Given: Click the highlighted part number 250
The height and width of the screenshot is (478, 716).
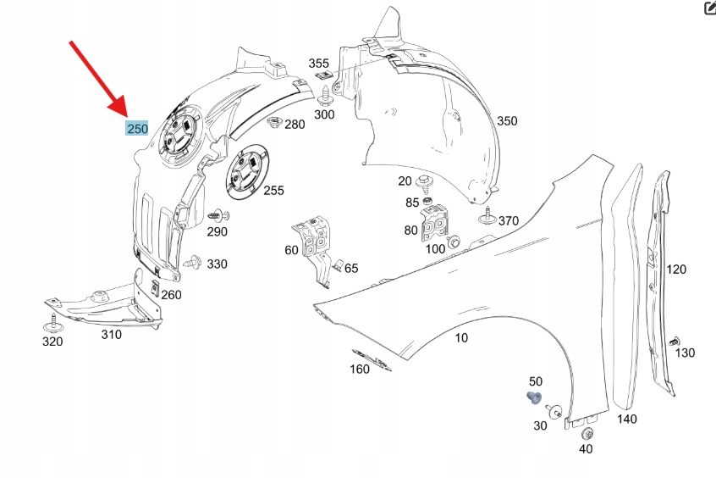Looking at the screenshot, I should point(137,129).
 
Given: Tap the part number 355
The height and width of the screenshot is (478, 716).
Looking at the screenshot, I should point(318,64).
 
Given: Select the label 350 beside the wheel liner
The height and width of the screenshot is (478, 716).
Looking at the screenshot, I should point(506,121).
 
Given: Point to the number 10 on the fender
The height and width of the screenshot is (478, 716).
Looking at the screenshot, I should point(461,338).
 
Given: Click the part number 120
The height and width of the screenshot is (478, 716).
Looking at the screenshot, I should point(676,270).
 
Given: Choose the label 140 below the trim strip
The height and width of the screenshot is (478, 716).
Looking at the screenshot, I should point(626,419).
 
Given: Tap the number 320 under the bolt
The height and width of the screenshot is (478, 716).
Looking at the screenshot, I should point(52,342).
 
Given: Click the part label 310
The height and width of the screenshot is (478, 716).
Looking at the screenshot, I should point(111,334).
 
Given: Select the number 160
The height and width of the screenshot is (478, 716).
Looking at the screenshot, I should point(360,369).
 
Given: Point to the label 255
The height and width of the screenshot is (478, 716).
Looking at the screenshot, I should point(273,191).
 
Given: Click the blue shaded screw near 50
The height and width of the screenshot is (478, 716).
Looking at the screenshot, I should point(533,397).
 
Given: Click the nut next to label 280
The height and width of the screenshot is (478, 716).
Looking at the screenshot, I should point(274,125).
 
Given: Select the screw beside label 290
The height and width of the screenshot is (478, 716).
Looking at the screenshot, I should point(218,214).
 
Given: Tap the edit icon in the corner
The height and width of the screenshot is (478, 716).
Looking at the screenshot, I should point(709,8).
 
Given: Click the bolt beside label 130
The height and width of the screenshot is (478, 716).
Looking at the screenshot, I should point(675,342).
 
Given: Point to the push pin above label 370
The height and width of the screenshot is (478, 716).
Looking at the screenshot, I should point(488,215).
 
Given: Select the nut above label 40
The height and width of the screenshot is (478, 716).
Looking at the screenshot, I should point(587,434).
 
